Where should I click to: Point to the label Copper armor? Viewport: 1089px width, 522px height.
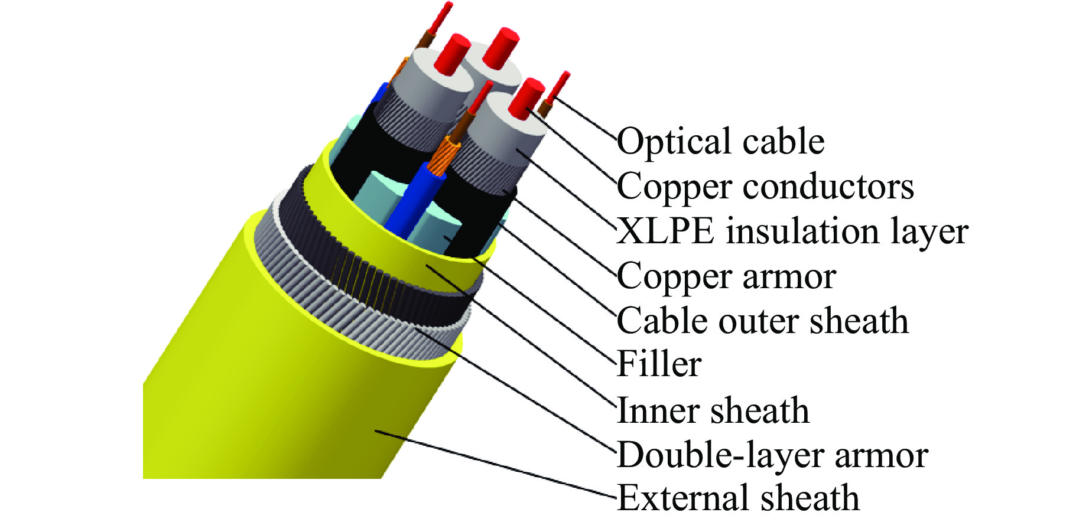[x=726, y=276]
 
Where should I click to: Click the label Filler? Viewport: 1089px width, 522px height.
[x=659, y=364]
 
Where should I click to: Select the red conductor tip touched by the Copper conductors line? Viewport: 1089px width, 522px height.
[x=526, y=97]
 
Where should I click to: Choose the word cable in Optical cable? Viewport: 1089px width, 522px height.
[x=783, y=142]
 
